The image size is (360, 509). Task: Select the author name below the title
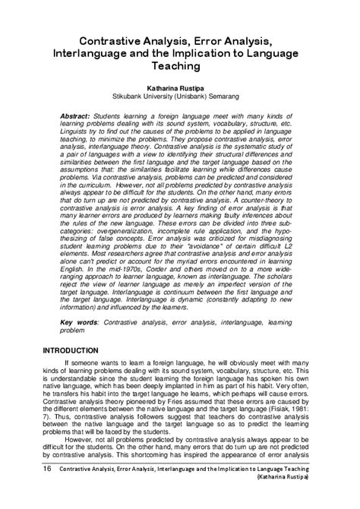point(179,87)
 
